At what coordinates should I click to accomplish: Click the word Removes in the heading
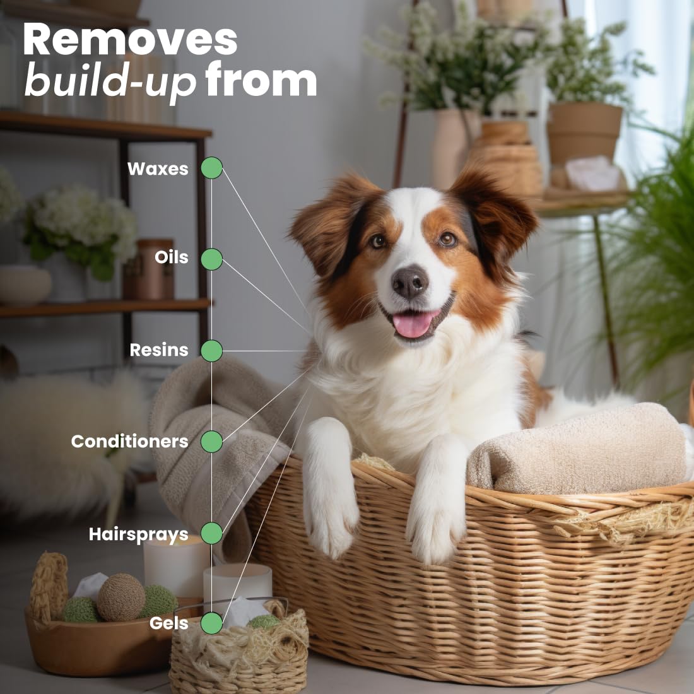coord(130,39)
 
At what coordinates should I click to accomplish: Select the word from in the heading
coord(261,78)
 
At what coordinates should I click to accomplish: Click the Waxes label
coord(158,168)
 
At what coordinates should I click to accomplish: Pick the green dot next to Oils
coord(211,259)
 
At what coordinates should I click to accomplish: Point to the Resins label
coord(159,350)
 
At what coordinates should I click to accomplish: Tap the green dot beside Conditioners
coord(211,442)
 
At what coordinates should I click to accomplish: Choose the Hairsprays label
coord(139,534)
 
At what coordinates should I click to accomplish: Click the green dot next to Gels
coord(211,623)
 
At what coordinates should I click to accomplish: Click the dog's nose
coord(410,282)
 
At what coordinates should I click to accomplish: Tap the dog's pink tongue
coord(413,324)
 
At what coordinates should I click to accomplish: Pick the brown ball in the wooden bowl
coord(121,597)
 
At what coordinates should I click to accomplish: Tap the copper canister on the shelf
coord(149,269)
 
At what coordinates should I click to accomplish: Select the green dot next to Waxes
coord(211,168)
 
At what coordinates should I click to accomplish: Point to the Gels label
coord(168,623)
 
